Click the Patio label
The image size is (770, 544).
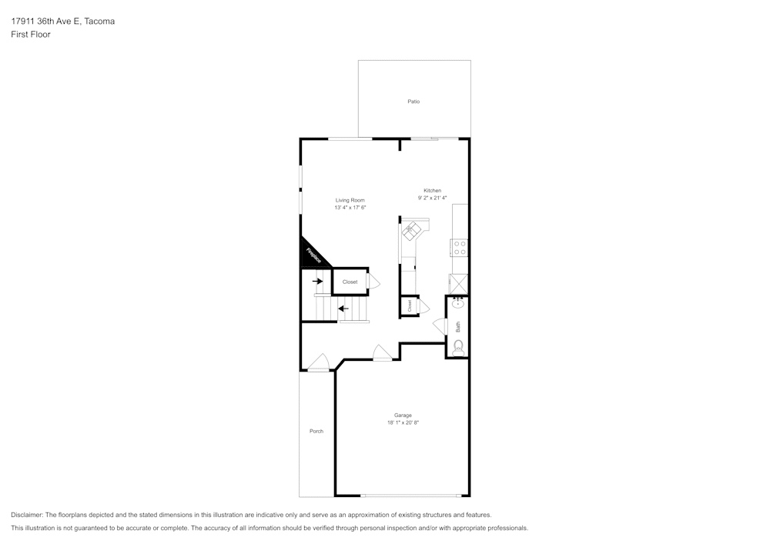[413, 102]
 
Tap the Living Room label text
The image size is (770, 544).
[350, 200]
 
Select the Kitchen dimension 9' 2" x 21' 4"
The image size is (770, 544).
[432, 198]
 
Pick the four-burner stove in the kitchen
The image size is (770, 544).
[459, 248]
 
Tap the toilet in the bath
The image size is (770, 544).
[458, 347]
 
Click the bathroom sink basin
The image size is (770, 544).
[457, 304]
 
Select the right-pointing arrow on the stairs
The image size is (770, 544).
[317, 282]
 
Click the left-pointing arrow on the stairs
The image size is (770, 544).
[343, 309]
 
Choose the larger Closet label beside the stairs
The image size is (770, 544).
[350, 282]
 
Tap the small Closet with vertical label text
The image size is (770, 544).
[410, 305]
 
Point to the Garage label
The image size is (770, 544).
[403, 416]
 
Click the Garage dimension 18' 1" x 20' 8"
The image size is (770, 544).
[403, 422]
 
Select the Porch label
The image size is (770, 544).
[316, 431]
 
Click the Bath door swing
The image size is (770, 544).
[440, 326]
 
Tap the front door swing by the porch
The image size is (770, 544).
[318, 362]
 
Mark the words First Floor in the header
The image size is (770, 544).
[31, 35]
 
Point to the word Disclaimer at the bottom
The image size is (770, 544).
[27, 515]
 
